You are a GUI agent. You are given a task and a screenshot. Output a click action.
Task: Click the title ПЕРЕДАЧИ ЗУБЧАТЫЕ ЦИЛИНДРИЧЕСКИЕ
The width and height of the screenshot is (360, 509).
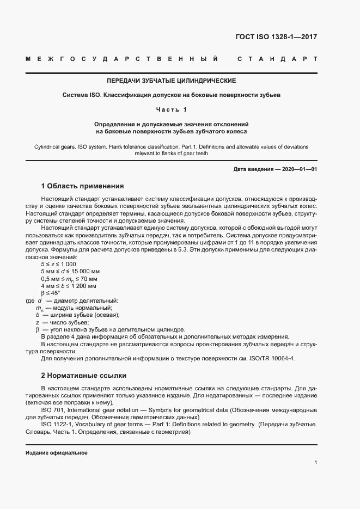click(171, 81)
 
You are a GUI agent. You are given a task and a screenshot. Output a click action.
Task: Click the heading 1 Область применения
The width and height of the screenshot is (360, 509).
click(82, 186)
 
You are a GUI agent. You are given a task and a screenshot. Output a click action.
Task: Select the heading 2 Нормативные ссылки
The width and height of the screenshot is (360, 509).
click(84, 376)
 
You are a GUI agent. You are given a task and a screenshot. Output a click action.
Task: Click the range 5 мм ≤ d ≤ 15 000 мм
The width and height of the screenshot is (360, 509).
click(70, 271)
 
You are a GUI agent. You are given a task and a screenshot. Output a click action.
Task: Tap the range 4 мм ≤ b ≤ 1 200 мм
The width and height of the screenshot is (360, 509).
click(68, 285)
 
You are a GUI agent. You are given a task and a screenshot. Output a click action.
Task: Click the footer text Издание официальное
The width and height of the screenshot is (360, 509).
click(57, 453)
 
